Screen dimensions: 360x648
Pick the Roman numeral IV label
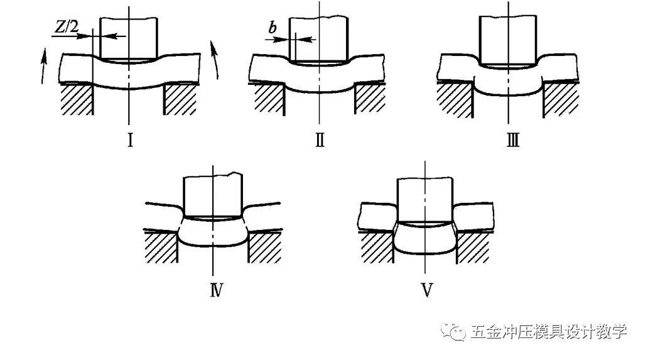click(216, 290)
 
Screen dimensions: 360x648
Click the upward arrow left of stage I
click(43, 67)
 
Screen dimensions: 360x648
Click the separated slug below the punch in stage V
click(425, 239)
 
